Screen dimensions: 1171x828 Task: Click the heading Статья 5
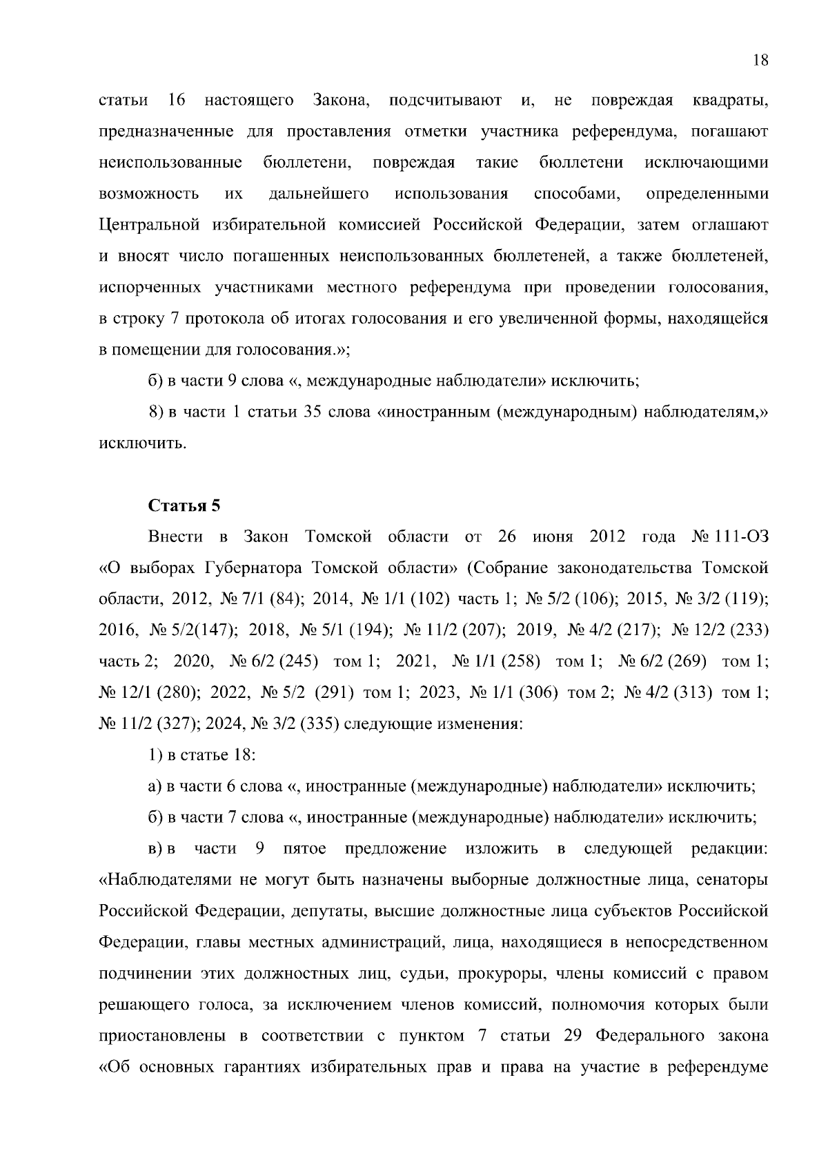[x=184, y=506]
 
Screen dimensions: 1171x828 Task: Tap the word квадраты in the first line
[x=730, y=100]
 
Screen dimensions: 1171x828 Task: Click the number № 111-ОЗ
[x=729, y=537]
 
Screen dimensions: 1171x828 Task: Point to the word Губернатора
[x=253, y=568]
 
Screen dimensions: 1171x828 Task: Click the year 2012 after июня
[x=607, y=537]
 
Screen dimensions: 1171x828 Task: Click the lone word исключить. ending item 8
[x=143, y=443]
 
